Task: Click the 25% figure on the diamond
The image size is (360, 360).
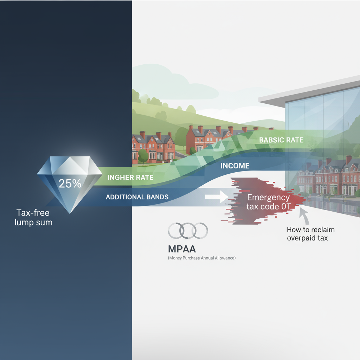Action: (70, 184)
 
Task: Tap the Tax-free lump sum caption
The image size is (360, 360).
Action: (33, 217)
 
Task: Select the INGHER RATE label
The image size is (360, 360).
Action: (130, 178)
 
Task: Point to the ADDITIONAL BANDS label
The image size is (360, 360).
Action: (137, 197)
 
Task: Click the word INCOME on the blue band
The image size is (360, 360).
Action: (235, 166)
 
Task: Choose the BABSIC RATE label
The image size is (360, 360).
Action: (281, 140)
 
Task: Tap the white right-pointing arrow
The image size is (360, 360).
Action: (217, 197)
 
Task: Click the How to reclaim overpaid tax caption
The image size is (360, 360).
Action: (311, 234)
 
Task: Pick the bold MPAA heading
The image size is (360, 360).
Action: (182, 249)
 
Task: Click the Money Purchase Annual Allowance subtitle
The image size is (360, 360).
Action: (202, 258)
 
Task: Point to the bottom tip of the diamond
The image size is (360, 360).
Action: (70, 213)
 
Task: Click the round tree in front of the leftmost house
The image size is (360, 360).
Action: (143, 155)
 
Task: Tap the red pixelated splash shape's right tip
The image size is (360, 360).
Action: (306, 199)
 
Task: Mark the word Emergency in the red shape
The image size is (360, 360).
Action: (268, 198)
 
